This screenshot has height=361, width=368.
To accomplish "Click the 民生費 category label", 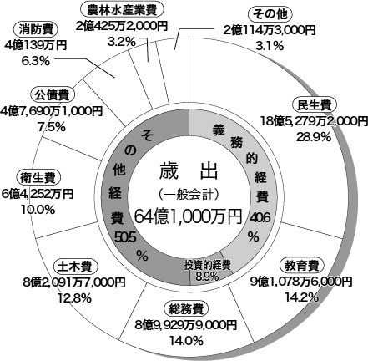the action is click(315, 105).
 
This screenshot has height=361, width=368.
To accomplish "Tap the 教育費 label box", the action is click(301, 266).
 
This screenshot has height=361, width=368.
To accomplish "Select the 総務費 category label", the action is click(186, 308).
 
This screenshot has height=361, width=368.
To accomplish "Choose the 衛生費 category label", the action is click(38, 178).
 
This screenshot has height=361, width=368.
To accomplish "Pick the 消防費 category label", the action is click(35, 30).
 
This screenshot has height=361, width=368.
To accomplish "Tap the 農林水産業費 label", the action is click(122, 10).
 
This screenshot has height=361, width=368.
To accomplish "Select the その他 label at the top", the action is click(270, 14).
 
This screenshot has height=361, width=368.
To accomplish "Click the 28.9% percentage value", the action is click(314, 137).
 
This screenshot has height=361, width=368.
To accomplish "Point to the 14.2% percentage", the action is click(301, 297).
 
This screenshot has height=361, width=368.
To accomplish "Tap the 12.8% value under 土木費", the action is click(74, 298).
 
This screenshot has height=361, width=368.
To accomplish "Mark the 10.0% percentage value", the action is click(38, 210).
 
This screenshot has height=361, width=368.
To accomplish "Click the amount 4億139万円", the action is click(36, 45).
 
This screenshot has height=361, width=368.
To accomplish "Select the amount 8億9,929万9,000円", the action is click(186, 325).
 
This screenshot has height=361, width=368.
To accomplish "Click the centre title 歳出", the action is click(189, 170).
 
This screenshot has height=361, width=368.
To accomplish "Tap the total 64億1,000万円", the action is click(189, 216).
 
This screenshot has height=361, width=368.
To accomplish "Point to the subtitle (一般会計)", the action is click(189, 195).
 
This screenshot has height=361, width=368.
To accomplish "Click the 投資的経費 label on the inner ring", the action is click(208, 265).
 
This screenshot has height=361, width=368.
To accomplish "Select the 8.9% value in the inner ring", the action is click(207, 276).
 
